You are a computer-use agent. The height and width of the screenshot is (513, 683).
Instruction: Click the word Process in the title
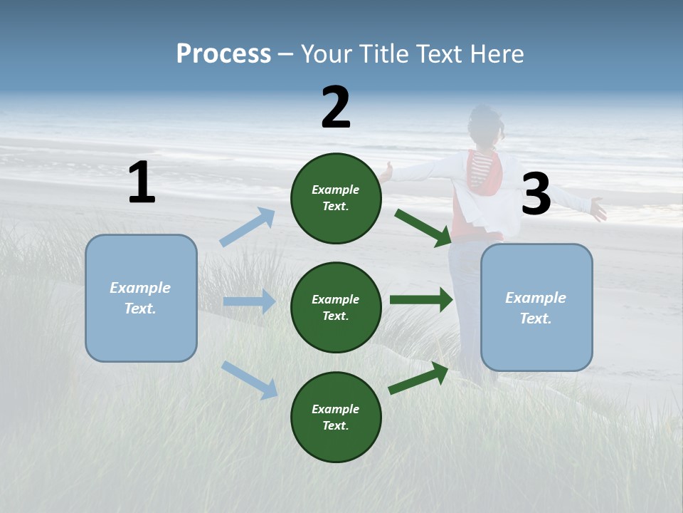click(223, 53)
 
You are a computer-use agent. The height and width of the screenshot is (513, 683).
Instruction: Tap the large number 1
click(142, 183)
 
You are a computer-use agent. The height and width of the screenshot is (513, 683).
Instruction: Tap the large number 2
click(336, 108)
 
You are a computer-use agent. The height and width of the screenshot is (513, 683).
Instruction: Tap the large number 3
click(536, 195)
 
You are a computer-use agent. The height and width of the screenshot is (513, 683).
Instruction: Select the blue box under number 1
click(141, 298)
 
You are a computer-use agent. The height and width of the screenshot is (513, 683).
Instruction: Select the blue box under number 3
click(536, 307)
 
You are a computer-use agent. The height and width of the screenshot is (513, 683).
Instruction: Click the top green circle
click(336, 198)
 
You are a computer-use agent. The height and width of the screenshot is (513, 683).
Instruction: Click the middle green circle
click(336, 307)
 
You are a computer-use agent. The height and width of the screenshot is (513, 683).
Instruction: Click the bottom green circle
click(336, 417)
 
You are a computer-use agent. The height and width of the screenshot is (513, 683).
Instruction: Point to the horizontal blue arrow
click(249, 301)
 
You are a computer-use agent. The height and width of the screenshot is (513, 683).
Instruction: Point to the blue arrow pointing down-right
click(249, 379)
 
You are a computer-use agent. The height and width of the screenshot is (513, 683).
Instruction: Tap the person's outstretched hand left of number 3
click(387, 172)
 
